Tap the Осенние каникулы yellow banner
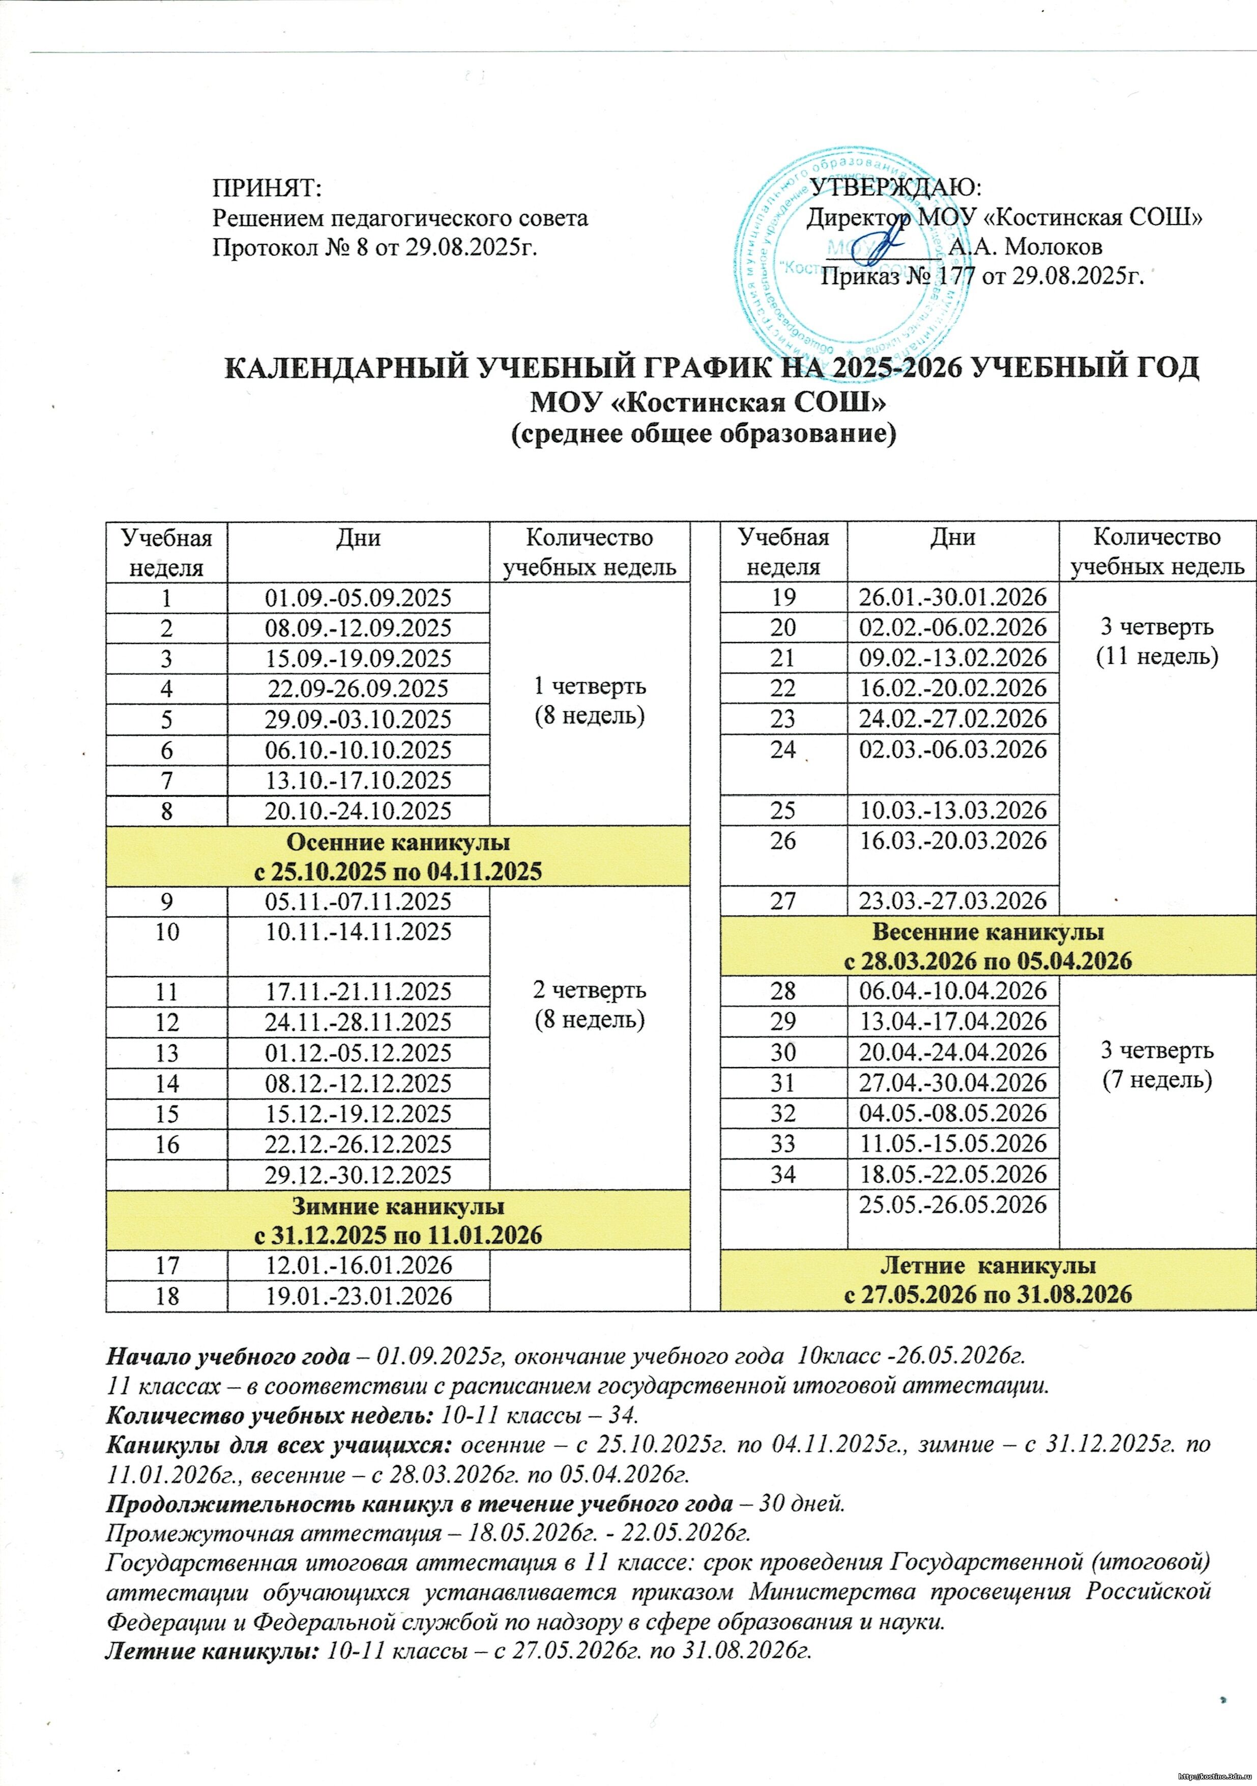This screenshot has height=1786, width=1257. tap(398, 856)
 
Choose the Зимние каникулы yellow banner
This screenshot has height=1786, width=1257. tap(398, 1220)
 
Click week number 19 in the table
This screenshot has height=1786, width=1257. tap(783, 597)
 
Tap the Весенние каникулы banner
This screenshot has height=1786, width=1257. tap(987, 946)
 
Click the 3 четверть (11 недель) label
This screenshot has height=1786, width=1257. tap(1157, 641)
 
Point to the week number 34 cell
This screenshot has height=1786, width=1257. tap(783, 1174)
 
